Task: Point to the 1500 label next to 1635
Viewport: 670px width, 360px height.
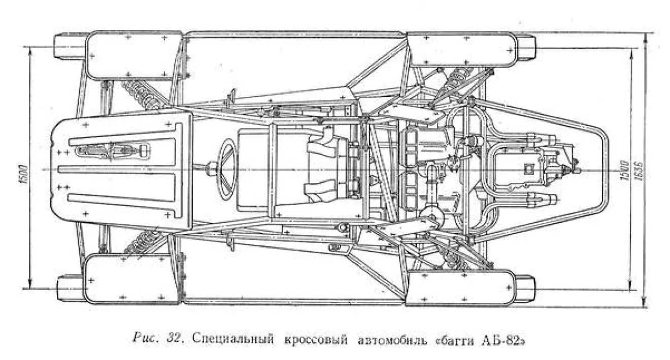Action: coord(624,171)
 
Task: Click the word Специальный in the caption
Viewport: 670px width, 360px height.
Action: coord(233,339)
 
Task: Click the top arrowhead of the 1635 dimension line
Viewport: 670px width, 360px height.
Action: coord(646,36)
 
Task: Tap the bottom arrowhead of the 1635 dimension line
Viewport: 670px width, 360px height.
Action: coord(646,304)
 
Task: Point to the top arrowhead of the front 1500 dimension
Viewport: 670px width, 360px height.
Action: coord(30,50)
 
